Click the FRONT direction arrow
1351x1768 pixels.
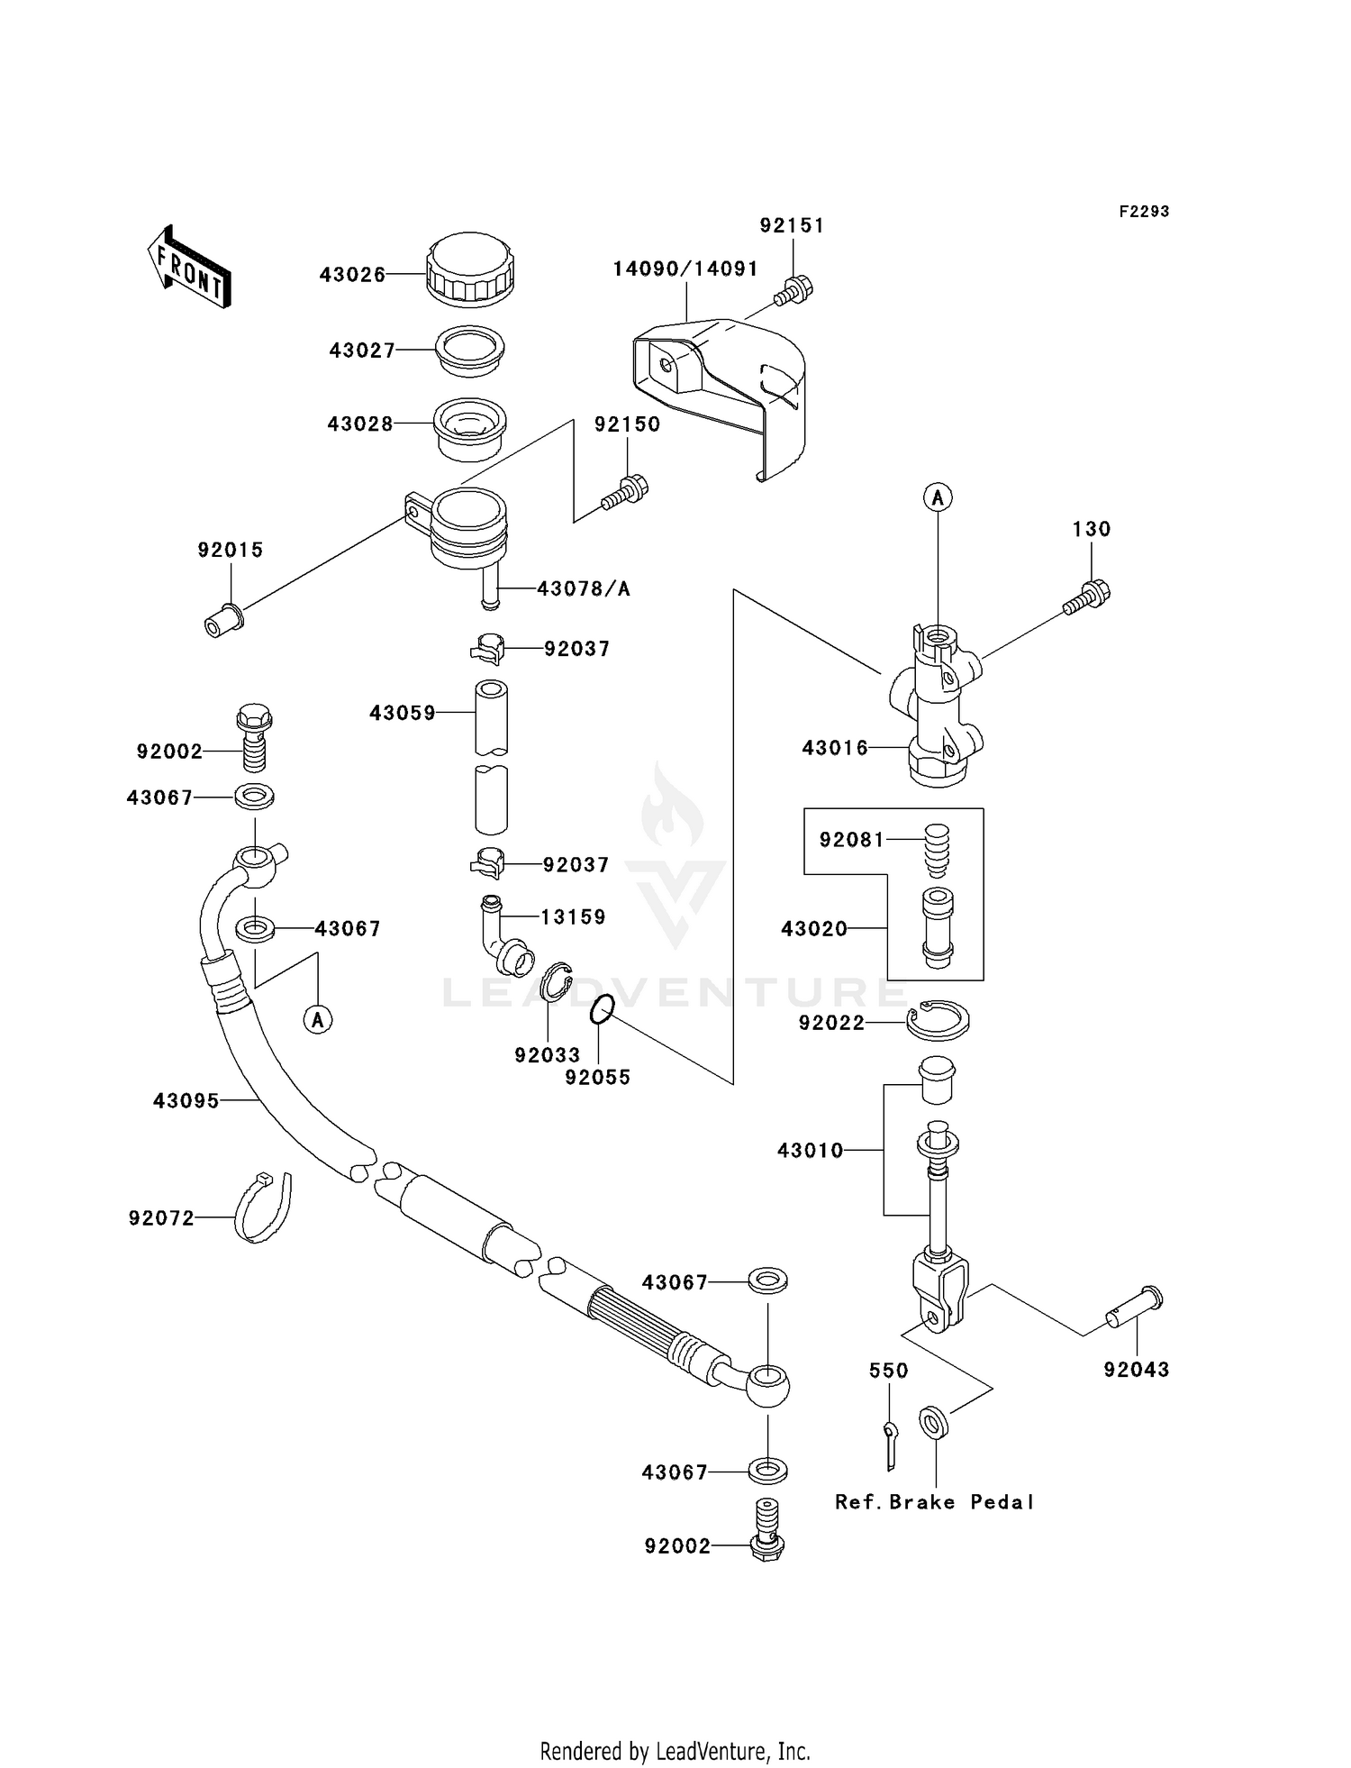click(189, 267)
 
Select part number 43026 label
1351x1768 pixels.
click(352, 275)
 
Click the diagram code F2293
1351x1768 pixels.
click(1144, 212)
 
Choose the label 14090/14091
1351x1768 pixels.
click(685, 269)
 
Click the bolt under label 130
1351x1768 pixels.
click(1087, 598)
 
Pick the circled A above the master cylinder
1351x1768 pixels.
click(938, 497)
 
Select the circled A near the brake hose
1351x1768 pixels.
click(317, 1019)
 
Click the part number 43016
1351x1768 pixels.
click(835, 747)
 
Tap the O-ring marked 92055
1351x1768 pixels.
click(603, 1010)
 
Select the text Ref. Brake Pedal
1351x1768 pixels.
click(934, 1502)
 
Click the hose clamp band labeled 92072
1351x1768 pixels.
click(263, 1208)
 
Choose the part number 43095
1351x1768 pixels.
click(186, 1100)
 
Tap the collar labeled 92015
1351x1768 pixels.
click(222, 621)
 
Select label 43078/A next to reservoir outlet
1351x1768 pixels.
click(584, 589)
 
